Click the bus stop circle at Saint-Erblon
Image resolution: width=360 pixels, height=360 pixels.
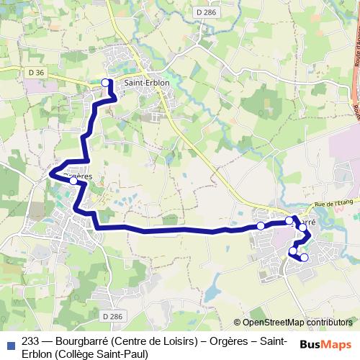coord(106,83)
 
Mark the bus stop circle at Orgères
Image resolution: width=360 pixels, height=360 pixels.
coord(74,181)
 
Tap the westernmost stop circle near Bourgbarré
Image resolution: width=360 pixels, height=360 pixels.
coord(261,226)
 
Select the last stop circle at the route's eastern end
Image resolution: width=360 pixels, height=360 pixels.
coord(305,257)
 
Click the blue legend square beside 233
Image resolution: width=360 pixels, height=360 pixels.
coord(10,342)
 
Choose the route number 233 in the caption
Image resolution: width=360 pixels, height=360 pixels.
coord(31,341)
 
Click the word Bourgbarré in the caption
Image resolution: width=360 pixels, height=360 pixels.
coord(81,341)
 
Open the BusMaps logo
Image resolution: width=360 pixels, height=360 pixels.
coord(325,343)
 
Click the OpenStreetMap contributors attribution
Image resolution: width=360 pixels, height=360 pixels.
coord(293,323)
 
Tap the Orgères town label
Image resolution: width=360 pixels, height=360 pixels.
coord(79,174)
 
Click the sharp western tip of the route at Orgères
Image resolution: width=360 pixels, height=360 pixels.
coord(50,173)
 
